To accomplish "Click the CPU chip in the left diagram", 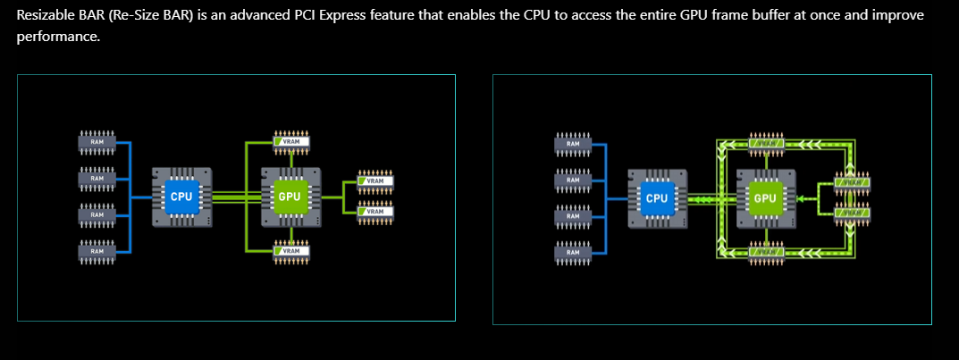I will pyautogui.click(x=181, y=196).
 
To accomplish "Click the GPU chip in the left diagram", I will pyautogui.click(x=290, y=196).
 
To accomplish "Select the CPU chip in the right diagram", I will pyautogui.click(x=657, y=197).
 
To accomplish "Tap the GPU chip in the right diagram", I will pyautogui.click(x=766, y=197).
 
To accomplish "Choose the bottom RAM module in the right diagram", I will pyautogui.click(x=572, y=252).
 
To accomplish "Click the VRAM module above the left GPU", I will pyautogui.click(x=291, y=141).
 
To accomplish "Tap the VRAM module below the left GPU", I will pyautogui.click(x=291, y=251).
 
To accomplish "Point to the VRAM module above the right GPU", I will pyautogui.click(x=767, y=143).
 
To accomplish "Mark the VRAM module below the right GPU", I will pyautogui.click(x=767, y=253).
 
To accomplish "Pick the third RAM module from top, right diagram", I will pyautogui.click(x=572, y=215).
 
